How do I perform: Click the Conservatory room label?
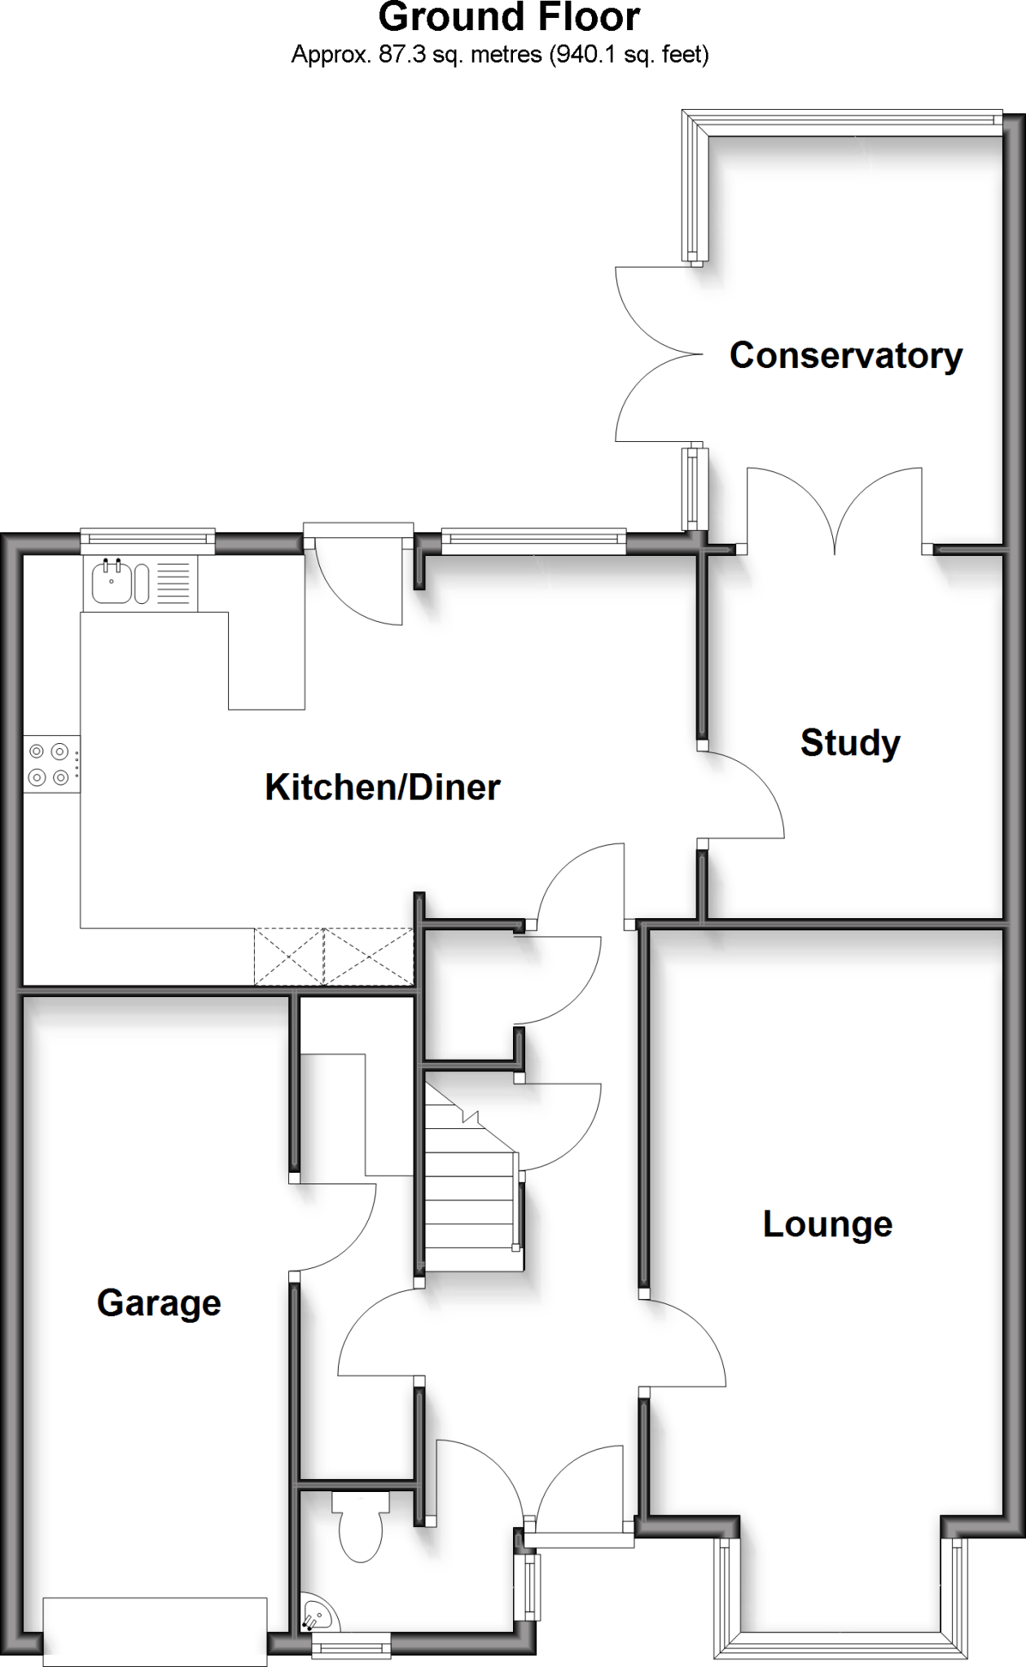click(845, 356)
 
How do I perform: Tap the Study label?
click(850, 742)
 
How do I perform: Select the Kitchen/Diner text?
click(383, 787)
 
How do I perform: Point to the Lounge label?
click(827, 1223)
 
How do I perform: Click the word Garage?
click(159, 1302)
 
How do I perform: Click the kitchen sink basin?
click(110, 581)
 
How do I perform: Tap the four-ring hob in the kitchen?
click(49, 763)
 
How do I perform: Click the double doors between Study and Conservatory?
click(835, 509)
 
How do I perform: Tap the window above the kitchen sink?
click(147, 538)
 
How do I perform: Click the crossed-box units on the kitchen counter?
click(334, 956)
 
